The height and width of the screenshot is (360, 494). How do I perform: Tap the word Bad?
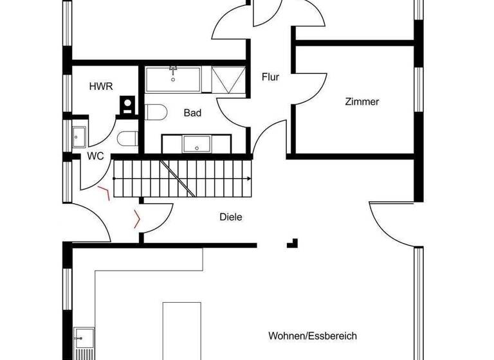coord(192,113)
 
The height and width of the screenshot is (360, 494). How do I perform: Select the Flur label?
coord(271,77)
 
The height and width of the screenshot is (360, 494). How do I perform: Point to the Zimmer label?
coord(362,102)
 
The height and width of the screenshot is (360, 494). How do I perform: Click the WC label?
coord(96,156)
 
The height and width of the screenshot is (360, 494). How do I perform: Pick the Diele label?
coord(231,217)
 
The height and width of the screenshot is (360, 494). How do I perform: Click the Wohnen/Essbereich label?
coord(313,336)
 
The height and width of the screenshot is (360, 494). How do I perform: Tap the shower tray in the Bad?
coord(228,80)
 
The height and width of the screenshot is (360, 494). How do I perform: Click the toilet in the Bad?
coord(154,113)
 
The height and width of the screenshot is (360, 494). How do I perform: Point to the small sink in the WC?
coord(79,136)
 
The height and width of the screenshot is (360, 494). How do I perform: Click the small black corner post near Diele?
coord(293,243)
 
